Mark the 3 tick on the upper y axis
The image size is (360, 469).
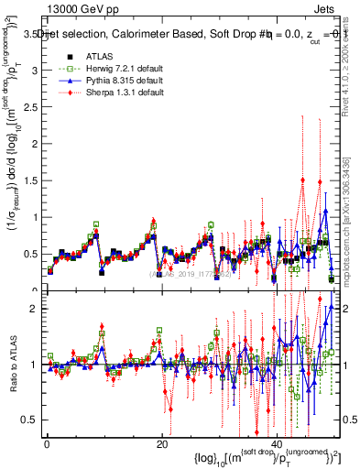coord(35,70)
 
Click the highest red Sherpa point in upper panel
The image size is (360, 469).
coord(303,180)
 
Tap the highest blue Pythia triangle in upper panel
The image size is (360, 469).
coord(325,212)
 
